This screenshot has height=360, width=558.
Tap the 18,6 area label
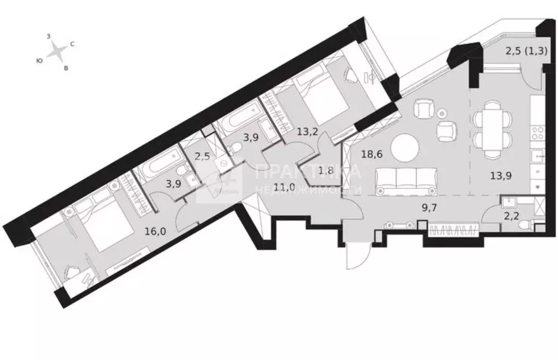click(373, 154)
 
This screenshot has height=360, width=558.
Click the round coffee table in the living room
click(405, 147)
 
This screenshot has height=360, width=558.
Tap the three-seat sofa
click(405, 181)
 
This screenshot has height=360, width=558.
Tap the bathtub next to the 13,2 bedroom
click(237, 121)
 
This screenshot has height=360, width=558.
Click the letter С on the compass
click(72, 44)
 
